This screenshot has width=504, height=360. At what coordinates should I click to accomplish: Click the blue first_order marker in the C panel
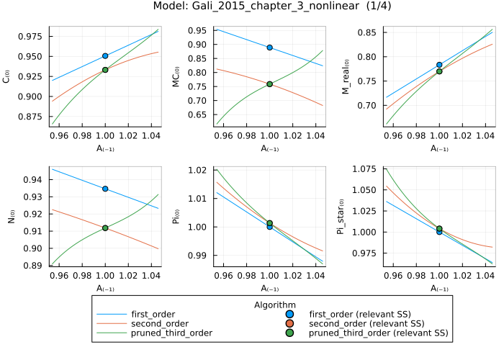105,55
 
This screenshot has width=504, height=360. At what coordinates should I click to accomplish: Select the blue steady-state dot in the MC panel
269,48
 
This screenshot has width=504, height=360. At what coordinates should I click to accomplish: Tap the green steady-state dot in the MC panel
269,84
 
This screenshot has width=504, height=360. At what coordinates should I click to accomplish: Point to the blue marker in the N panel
105,189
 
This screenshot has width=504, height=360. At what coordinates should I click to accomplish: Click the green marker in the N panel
105,228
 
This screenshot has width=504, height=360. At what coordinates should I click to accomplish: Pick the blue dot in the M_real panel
439,65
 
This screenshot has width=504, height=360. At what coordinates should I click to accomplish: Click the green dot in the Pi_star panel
439,229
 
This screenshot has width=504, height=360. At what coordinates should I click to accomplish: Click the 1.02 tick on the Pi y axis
199,171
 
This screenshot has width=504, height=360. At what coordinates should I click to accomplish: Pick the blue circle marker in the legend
290,315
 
